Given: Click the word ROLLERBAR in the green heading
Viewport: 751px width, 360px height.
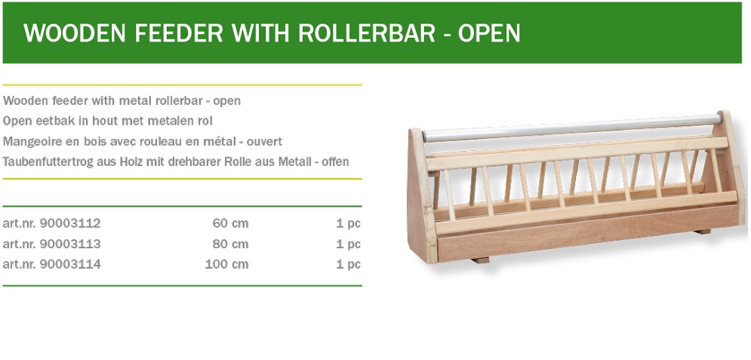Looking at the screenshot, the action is (x=367, y=33).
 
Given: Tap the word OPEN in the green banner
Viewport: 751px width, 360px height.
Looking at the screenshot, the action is (x=489, y=33).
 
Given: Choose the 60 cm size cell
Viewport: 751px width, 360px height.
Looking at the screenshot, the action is (x=230, y=223).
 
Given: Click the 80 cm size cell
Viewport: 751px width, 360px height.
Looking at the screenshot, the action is (x=230, y=244).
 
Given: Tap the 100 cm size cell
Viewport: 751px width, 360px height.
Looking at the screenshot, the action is (x=226, y=264).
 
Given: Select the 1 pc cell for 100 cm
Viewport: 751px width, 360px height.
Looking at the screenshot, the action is (x=348, y=264).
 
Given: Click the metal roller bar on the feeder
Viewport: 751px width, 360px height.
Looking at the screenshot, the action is (x=572, y=128).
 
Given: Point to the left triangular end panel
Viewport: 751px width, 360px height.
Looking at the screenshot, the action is (x=421, y=196).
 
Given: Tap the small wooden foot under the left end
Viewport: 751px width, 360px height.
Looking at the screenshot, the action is (x=480, y=260).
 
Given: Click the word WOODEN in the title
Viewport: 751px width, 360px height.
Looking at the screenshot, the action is (x=74, y=33).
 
